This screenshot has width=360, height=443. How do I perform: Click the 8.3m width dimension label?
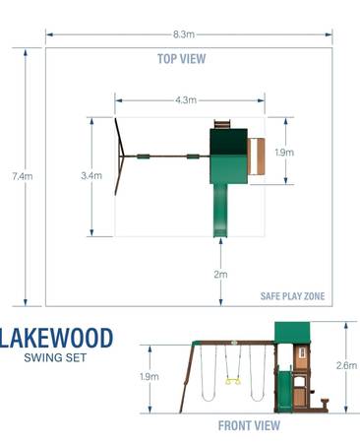pyautogui.click(x=184, y=34)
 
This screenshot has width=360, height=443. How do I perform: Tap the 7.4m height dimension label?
pyautogui.click(x=23, y=176)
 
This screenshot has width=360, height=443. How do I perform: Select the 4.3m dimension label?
pyautogui.click(x=186, y=100)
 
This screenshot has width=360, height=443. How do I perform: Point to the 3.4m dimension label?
pyautogui.click(x=91, y=176)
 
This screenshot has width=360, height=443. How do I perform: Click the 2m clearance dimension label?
pyautogui.click(x=220, y=275)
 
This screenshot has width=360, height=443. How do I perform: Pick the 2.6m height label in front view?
pyautogui.click(x=346, y=365)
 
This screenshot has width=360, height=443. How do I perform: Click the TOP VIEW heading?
pyautogui.click(x=182, y=59)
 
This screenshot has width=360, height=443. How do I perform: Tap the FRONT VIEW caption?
pyautogui.click(x=249, y=426)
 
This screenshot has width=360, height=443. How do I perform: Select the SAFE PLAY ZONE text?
pyautogui.click(x=292, y=296)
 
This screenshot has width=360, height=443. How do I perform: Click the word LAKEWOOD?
pyautogui.click(x=56, y=338)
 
